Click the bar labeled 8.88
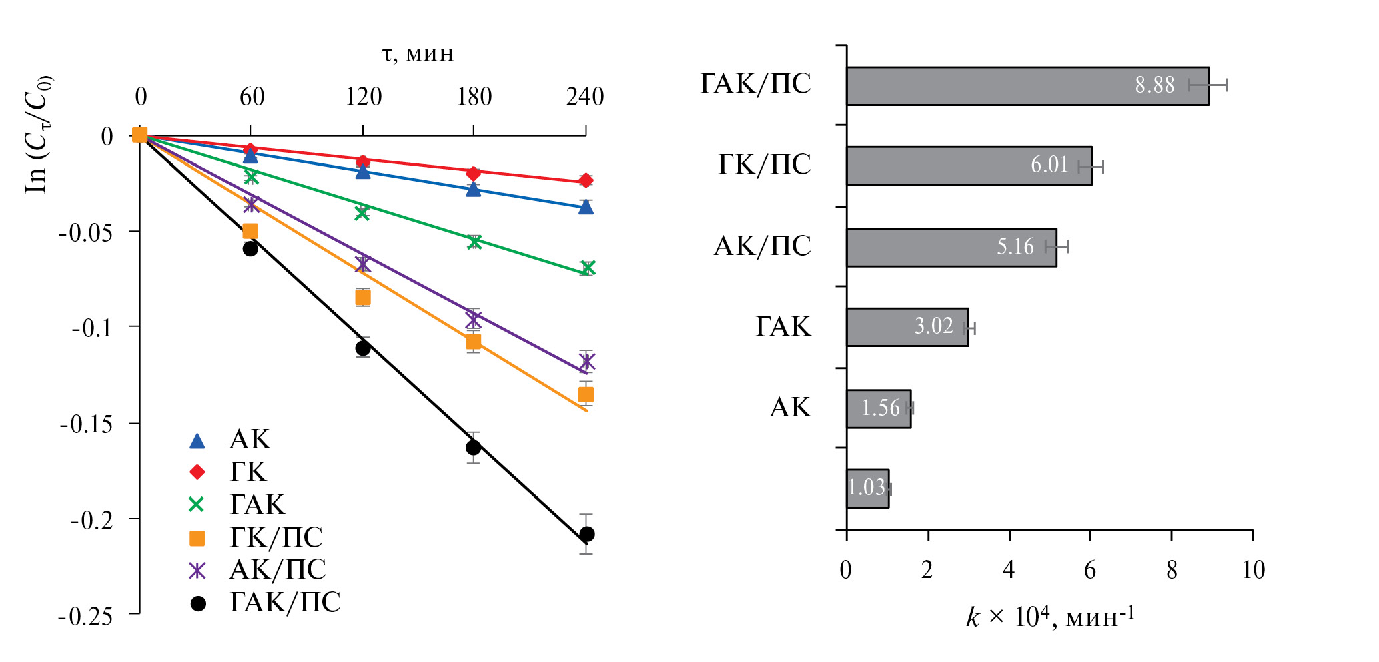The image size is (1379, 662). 1027,86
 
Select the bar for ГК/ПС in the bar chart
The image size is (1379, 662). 969,165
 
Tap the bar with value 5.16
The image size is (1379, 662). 951,248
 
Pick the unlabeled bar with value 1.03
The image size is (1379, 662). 867,488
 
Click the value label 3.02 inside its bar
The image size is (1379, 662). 933,326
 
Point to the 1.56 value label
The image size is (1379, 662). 880,408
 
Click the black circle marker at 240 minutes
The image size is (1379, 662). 586,534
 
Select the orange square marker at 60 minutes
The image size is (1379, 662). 250,231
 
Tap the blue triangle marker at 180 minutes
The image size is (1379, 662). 473,190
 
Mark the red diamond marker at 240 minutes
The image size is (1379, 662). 586,180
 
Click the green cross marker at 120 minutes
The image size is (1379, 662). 362,213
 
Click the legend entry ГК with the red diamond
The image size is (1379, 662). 230,472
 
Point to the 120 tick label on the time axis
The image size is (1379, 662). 363,97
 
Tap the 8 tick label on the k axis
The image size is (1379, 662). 1172,571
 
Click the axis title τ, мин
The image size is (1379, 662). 418,53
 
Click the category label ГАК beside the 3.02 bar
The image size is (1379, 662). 783,327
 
